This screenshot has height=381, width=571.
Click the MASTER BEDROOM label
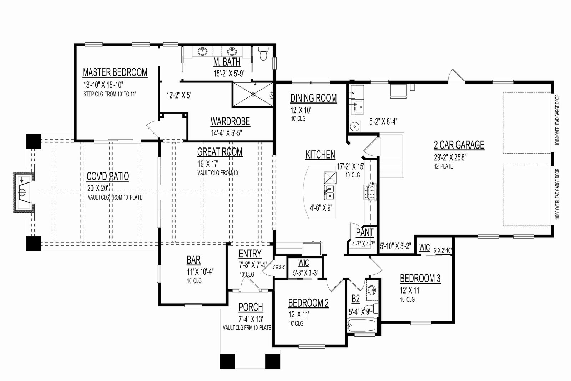click(x=115, y=72)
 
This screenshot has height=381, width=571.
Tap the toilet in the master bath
click(x=263, y=54)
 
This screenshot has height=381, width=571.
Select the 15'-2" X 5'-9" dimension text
click(x=229, y=74)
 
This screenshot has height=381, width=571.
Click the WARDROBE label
click(x=230, y=122)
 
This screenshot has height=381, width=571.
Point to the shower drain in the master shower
click(x=253, y=94)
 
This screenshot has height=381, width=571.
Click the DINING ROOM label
click(x=314, y=98)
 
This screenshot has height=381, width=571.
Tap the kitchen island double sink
click(x=329, y=192)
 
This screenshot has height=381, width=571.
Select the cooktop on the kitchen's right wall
click(x=370, y=192)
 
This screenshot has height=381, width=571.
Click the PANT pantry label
click(x=364, y=232)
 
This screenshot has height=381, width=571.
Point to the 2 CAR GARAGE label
click(x=459, y=145)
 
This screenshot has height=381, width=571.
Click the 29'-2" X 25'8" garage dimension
click(x=450, y=157)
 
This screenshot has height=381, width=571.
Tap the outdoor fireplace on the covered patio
click(x=24, y=192)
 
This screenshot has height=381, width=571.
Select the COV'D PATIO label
click(x=108, y=176)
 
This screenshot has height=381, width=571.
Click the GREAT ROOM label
click(x=220, y=152)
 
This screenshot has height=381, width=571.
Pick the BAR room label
click(x=194, y=260)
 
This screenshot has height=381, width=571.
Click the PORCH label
click(x=251, y=307)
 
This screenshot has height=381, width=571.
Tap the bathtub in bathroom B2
click(x=362, y=325)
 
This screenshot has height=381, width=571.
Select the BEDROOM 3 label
click(x=420, y=279)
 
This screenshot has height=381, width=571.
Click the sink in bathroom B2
click(x=372, y=290)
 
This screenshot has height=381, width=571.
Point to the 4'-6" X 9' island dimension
click(x=321, y=208)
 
